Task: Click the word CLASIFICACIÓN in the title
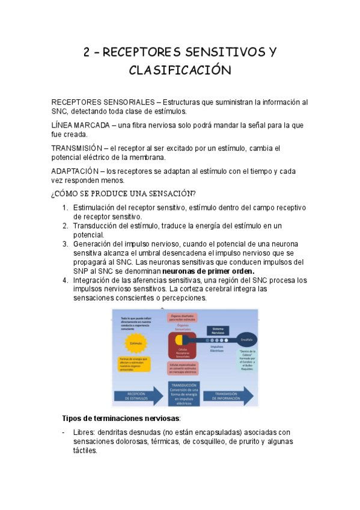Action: [x=180, y=71]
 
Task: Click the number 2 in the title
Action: [x=87, y=52]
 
